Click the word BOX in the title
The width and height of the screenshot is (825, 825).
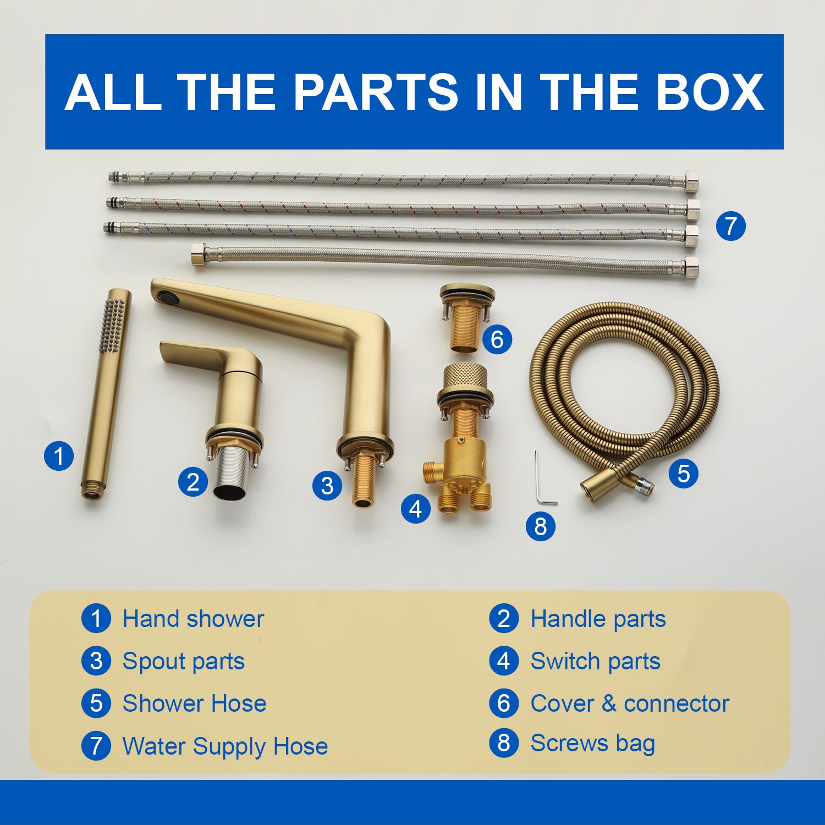[x=710, y=92]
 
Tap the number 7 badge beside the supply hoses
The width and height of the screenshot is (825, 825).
[x=730, y=226]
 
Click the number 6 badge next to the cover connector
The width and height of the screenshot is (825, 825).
[x=497, y=339]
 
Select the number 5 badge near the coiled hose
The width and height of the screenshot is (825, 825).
[x=683, y=474]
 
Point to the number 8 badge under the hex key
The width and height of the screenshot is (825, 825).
[x=541, y=526]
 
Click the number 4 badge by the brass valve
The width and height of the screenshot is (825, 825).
[x=416, y=508]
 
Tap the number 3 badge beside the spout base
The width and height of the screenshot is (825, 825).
[x=327, y=486]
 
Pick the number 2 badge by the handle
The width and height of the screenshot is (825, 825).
[x=193, y=482]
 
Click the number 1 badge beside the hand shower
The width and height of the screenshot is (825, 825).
[x=59, y=456]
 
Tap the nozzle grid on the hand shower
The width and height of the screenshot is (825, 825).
[x=113, y=324]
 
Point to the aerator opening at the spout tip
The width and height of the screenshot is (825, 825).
[x=167, y=297]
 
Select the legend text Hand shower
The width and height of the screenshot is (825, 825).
[x=193, y=619]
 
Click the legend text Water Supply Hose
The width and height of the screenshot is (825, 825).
[x=225, y=747]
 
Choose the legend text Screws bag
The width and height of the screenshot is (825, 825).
[x=592, y=744]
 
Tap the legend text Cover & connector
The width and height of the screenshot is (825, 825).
[x=630, y=703]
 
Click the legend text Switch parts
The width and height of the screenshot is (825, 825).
[x=595, y=662]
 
